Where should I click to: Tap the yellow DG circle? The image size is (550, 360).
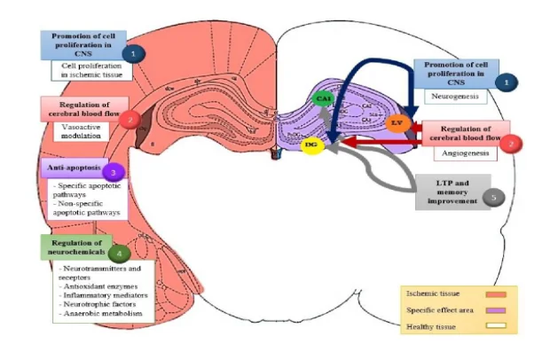[310, 144]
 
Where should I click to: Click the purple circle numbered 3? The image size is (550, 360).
[113, 171]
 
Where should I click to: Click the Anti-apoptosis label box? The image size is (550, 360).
[73, 168]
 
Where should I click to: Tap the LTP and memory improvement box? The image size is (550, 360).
[452, 192]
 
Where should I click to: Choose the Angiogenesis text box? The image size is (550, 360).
[464, 153]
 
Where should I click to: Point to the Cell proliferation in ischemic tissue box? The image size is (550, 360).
[91, 71]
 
